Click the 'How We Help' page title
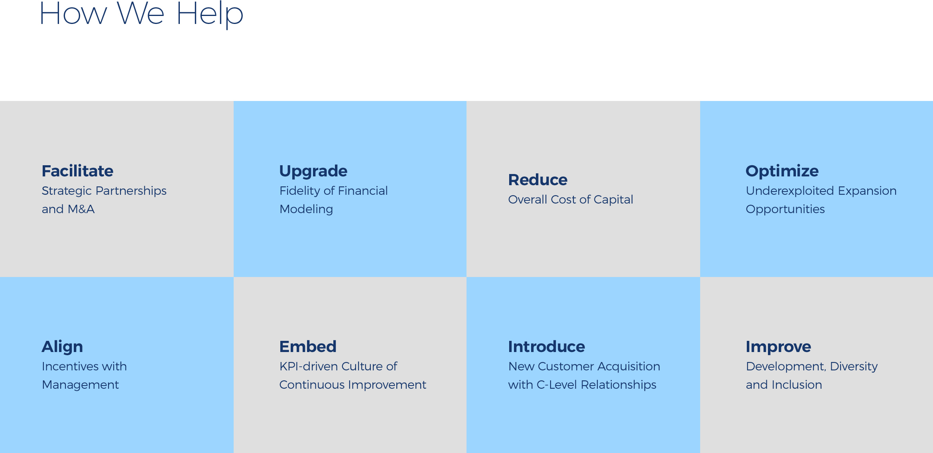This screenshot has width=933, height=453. pos(142,14)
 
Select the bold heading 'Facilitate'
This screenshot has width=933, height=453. pos(77,171)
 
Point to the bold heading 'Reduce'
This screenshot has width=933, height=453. pos(537,180)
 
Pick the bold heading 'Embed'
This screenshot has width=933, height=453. pos(308,346)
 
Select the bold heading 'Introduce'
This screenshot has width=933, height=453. pos(546,346)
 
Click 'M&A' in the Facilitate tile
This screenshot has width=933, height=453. pos(81,209)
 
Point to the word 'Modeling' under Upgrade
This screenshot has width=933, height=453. pos(306,210)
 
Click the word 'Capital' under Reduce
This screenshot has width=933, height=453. pos(613,200)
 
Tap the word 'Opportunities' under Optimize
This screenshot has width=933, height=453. pos(785,210)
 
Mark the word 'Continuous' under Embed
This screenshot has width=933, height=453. pos(312,385)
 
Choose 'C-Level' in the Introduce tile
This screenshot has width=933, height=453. pos(557,385)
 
